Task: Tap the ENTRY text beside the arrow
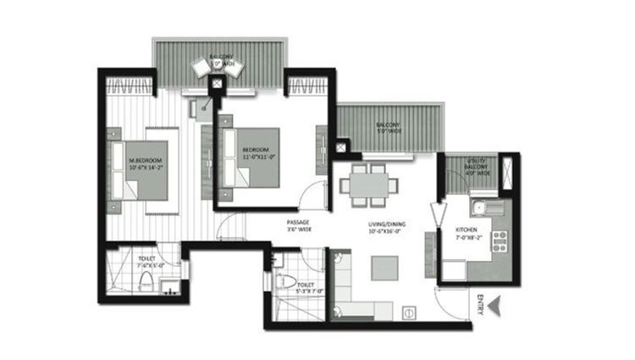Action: coord(480,303)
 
